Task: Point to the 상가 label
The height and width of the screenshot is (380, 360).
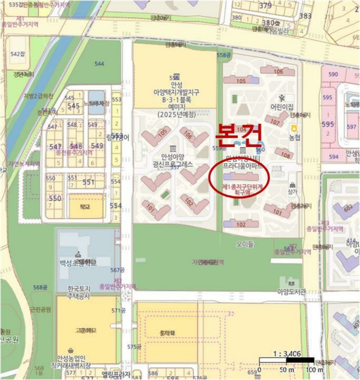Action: pyautogui.click(x=293, y=192)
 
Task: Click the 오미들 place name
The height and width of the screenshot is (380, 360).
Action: pyautogui.click(x=245, y=244)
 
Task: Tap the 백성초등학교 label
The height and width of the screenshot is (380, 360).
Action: pyautogui.click(x=78, y=263)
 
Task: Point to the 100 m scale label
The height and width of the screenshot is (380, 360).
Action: pyautogui.click(x=314, y=370)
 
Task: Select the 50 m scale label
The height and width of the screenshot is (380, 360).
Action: pyautogui.click(x=287, y=370)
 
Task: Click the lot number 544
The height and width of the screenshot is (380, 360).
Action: pyautogui.click(x=99, y=64)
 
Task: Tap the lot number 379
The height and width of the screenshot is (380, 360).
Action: pyautogui.click(x=265, y=6)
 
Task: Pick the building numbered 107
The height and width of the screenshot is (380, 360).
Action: pyautogui.click(x=275, y=123)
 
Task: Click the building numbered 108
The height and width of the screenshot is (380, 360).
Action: pyautogui.click(x=286, y=156)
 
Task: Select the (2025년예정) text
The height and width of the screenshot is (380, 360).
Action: pyautogui.click(x=175, y=115)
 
